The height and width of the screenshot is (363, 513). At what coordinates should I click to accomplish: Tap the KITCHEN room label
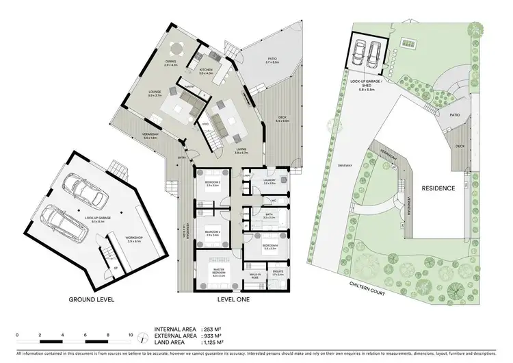click(206, 70)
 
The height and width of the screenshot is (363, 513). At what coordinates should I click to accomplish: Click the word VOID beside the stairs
click(205, 123)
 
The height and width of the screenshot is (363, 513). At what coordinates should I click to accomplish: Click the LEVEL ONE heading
click(228, 299)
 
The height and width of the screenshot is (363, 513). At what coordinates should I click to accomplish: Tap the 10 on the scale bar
click(131, 335)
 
